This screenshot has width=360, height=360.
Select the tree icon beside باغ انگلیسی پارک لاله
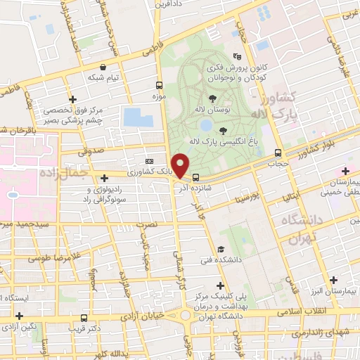pos(223,130)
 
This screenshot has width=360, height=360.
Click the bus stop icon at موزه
pos(159,86)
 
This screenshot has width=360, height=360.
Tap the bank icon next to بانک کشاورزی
pos(149,161)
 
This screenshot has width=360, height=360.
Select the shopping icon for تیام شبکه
pos(84,67)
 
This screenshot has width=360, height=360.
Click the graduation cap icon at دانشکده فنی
pos(221,250)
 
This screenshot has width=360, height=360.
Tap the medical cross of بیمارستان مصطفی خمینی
pos(345,171)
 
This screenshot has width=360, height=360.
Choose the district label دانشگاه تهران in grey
pos(303,229)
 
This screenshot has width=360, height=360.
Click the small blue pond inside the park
pos(206,125)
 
